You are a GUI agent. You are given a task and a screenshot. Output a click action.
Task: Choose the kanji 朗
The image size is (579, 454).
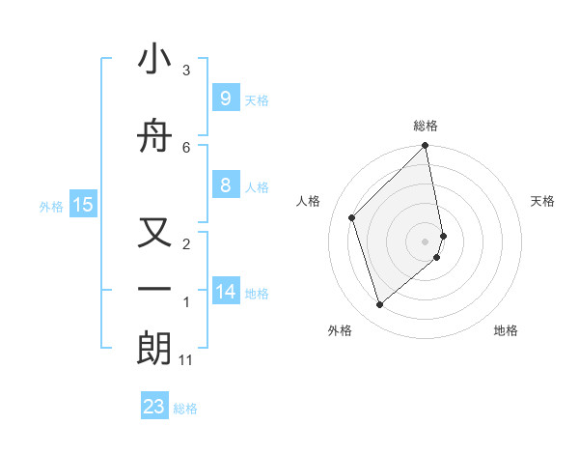154,349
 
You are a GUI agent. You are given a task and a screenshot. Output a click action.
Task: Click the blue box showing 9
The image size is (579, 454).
225,99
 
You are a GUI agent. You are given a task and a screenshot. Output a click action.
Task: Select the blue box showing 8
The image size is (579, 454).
225,185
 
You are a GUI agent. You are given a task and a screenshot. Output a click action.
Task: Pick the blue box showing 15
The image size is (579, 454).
83,204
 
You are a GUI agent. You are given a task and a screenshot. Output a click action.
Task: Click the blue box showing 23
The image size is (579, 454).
154,407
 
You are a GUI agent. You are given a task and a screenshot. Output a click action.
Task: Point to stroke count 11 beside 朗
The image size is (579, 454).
186,360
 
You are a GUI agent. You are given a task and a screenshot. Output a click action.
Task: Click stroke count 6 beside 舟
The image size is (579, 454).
186,147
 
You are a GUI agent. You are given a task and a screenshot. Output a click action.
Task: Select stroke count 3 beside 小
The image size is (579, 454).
186,71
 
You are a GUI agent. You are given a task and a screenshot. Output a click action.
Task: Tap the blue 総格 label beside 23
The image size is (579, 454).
185,409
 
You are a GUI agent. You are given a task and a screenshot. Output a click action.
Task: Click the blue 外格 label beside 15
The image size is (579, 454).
51,206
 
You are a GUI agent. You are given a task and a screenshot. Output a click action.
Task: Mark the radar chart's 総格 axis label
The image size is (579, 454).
426,126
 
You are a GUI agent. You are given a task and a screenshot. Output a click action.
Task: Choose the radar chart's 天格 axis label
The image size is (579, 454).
542,201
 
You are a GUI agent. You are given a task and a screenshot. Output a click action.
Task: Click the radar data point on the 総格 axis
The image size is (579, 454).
426,147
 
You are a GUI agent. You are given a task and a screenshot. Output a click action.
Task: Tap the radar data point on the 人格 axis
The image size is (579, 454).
352,217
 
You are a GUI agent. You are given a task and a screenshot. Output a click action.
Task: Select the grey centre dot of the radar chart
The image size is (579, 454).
426,241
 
